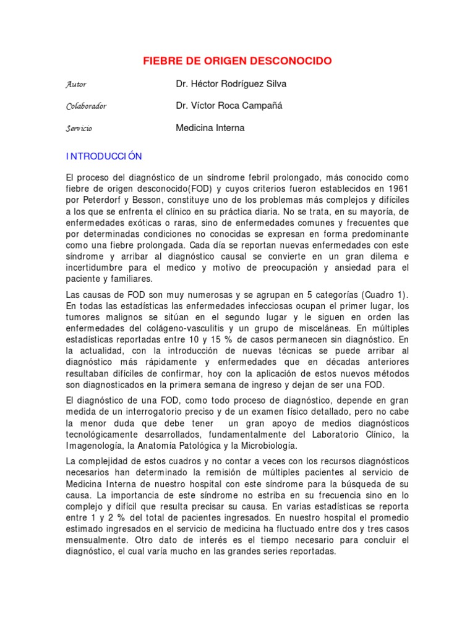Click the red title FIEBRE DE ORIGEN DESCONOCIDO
click(237, 61)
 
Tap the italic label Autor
click(76, 84)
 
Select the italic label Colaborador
click(86, 106)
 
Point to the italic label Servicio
click(79, 129)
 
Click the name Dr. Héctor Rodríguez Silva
click(231, 83)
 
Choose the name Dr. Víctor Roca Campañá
click(229, 106)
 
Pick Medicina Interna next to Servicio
click(210, 128)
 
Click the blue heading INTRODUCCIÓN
click(104, 156)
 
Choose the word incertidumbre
click(97, 268)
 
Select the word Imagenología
click(95, 446)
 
